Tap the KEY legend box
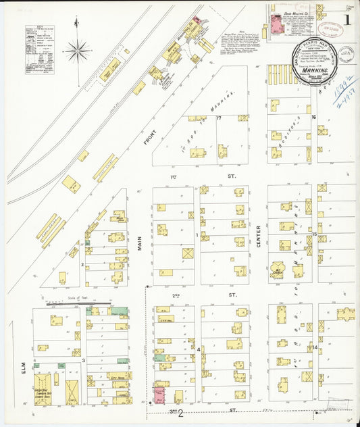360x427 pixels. (x=39, y=51)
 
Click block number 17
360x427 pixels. (x=220, y=118)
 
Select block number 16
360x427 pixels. (x=313, y=117)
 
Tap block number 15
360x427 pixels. (x=314, y=234)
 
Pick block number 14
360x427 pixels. (x=315, y=347)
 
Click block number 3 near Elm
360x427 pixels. (x=83, y=360)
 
